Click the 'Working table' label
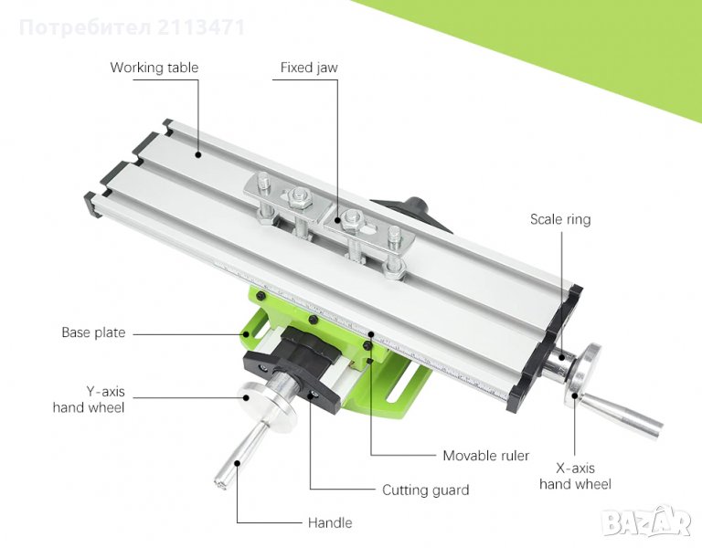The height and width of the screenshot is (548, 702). (154, 68)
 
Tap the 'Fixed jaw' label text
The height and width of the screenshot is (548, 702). (309, 68)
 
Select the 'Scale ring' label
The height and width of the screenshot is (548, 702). (560, 219)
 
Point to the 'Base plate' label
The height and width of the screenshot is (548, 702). (93, 332)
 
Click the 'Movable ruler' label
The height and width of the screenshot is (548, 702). (485, 456)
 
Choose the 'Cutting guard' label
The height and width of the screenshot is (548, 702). (425, 490)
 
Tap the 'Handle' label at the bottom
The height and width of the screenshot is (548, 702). (330, 523)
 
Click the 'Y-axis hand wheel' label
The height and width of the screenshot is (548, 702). (89, 399)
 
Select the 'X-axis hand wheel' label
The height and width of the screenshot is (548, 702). (575, 476)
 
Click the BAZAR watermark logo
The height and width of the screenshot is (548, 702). (645, 522)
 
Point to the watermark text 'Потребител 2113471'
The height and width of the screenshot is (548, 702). (132, 27)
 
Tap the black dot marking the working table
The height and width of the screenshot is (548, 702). (197, 154)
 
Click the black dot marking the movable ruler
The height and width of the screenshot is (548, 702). (370, 333)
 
